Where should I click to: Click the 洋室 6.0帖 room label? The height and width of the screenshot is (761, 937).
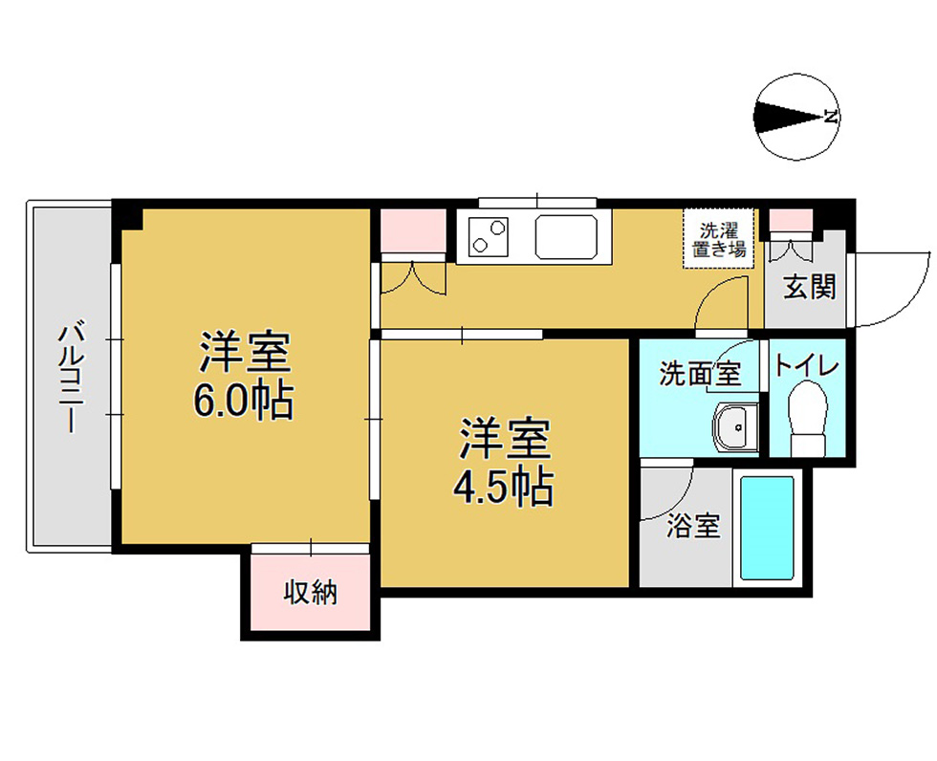(x=244, y=376)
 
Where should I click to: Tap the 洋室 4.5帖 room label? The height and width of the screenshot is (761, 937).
(x=503, y=463)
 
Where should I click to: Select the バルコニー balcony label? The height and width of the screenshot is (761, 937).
(x=71, y=378)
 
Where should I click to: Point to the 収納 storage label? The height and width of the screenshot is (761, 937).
(x=311, y=592)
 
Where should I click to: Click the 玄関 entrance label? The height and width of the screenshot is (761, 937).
(x=809, y=288)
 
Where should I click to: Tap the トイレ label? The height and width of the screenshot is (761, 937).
(x=807, y=366)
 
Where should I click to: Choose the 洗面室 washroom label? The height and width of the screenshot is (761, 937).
(x=700, y=374)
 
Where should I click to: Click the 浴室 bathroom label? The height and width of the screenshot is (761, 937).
(x=694, y=526)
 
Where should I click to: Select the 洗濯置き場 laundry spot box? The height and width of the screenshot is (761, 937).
(x=719, y=239)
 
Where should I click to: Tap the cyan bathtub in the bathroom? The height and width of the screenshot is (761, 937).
(x=767, y=528)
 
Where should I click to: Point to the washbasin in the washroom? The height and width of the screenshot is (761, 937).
(x=735, y=427)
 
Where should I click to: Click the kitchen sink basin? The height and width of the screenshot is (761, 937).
(x=566, y=236)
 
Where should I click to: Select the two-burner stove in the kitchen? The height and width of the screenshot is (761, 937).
(x=489, y=236)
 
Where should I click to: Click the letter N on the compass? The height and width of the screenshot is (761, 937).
(x=830, y=117)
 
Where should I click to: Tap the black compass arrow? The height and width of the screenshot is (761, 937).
(x=790, y=117)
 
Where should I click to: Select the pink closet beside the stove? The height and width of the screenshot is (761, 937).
(x=413, y=230)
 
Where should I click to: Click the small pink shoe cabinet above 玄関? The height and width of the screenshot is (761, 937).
(x=791, y=219)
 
